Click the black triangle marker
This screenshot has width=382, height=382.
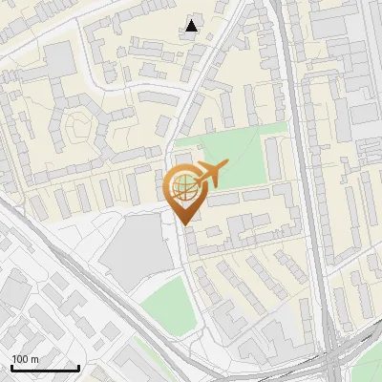coord(192,26)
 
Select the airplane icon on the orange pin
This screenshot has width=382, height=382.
coord(209,175)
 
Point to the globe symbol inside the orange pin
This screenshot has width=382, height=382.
coord(181,188)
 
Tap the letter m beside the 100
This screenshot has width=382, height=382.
coord(35,359)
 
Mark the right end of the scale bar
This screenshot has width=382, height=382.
coord(78,368)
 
